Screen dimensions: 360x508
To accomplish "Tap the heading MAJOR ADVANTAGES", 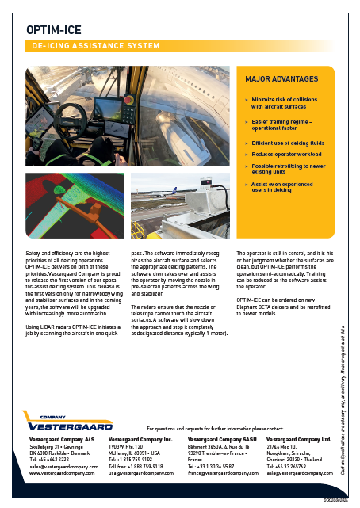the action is click(x=281, y=79).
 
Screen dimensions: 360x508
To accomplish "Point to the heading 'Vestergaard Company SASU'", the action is click(x=222, y=438).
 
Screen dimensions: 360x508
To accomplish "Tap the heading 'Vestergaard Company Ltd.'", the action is click(x=298, y=438).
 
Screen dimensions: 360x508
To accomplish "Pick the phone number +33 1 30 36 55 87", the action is click(x=211, y=467).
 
